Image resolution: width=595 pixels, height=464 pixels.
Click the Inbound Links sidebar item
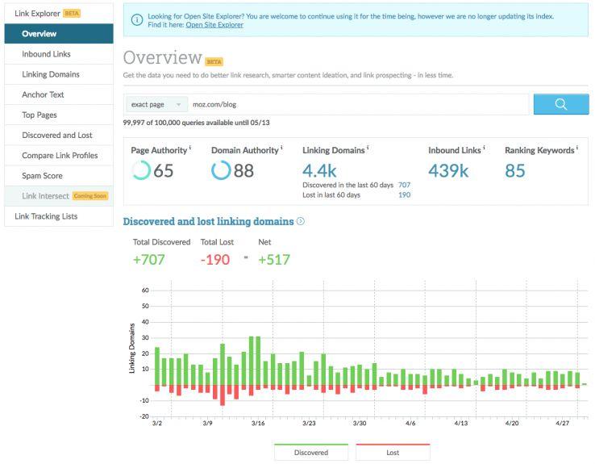(x=46, y=54)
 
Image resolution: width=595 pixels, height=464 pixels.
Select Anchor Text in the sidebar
(x=43, y=94)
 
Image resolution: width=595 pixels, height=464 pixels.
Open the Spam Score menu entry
(x=42, y=175)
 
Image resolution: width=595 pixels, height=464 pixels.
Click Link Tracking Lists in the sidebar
(x=46, y=216)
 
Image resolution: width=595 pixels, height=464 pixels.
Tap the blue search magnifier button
(x=560, y=104)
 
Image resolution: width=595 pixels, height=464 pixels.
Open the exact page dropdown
(x=156, y=104)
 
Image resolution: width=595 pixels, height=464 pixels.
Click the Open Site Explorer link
(x=214, y=25)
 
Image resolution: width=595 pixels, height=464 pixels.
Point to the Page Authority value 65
(x=164, y=170)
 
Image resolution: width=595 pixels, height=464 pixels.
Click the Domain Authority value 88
(x=243, y=170)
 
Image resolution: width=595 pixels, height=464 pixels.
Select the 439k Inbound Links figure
(x=447, y=170)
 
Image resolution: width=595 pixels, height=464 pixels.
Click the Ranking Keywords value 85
(x=515, y=170)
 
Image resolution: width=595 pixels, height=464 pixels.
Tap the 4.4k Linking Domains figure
(x=320, y=170)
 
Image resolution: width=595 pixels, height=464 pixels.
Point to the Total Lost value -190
(x=215, y=259)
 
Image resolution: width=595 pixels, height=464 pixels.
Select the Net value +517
(x=273, y=259)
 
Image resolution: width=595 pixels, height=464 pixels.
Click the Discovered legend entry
(x=311, y=452)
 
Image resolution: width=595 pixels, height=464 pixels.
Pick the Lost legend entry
(x=393, y=452)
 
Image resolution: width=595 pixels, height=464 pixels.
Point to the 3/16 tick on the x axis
(x=258, y=423)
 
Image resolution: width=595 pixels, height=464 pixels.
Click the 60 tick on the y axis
(x=145, y=291)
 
